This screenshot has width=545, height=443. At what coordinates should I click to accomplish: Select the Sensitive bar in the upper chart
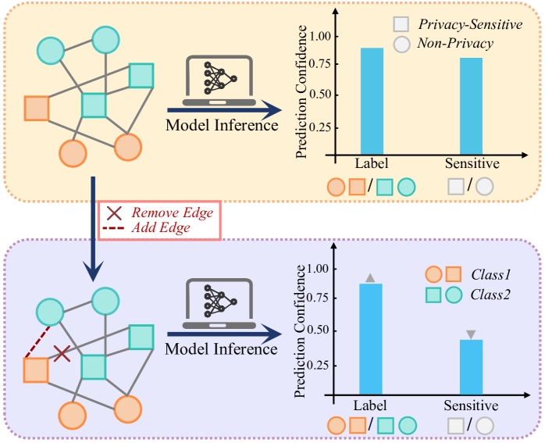pos(472,105)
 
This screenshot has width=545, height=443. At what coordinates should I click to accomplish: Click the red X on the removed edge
pos(62,353)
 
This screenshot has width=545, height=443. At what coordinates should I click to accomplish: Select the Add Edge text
pos(159,229)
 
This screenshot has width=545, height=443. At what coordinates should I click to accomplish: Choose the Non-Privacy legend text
pos(461,46)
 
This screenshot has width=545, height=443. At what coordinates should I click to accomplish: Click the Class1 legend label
pos(490,274)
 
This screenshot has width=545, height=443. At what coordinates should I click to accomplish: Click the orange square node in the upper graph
pos(37,109)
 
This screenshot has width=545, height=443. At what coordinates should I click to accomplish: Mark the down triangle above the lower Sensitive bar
pos(471,335)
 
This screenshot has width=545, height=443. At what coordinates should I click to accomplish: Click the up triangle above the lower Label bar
pos(370,278)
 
